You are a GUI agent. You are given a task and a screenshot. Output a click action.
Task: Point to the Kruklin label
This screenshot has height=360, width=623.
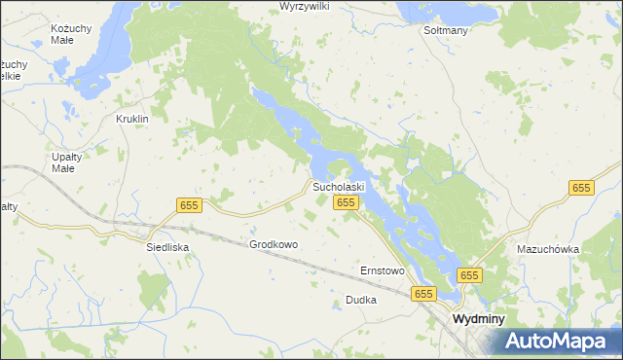(131, 119)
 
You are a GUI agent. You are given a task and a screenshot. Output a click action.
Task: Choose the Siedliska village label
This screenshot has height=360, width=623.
(166, 247)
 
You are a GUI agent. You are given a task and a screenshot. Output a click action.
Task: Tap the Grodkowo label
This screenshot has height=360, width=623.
(274, 244)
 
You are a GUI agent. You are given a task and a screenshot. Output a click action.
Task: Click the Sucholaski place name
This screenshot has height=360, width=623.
(338, 186)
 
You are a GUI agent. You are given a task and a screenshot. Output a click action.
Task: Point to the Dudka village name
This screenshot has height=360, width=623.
(360, 301)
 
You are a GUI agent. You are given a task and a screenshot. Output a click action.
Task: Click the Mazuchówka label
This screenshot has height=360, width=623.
(548, 249)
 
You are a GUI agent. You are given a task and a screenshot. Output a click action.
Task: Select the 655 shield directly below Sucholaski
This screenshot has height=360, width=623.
(347, 201)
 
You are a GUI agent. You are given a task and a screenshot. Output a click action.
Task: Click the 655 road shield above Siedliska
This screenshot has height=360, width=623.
(190, 205)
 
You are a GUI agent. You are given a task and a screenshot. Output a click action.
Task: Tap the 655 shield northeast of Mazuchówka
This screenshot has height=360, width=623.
(581, 188)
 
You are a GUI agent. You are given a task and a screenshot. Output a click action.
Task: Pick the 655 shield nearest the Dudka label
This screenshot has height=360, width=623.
(422, 293)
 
